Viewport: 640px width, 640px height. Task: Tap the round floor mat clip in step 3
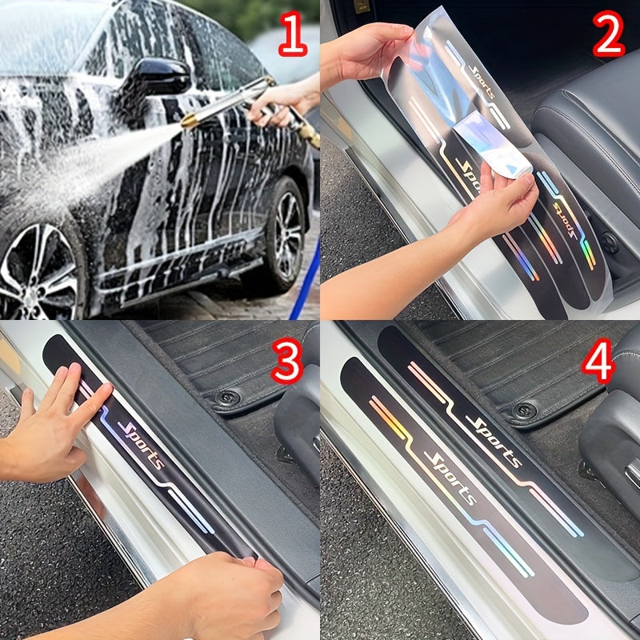pos(229,397)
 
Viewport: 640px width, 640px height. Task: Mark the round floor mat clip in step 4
pos(523,410)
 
